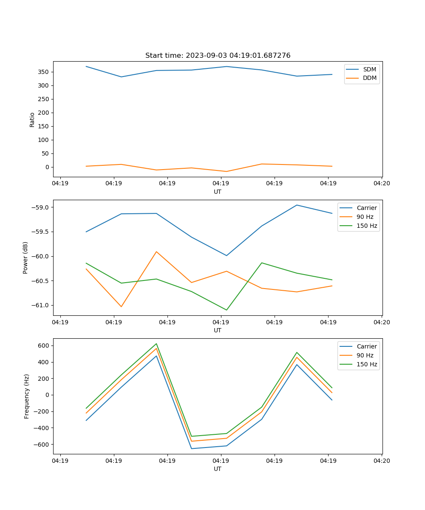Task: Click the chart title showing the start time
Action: [x=218, y=56]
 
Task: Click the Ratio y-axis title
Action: [x=32, y=119]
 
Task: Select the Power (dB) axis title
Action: [x=25, y=258]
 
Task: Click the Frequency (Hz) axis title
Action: [x=27, y=396]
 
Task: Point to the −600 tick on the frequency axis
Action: [x=42, y=445]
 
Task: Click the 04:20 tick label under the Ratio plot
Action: [x=382, y=184]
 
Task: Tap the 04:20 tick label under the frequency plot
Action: [x=382, y=461]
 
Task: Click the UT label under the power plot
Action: [x=218, y=330]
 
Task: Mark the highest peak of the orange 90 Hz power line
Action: [x=156, y=252]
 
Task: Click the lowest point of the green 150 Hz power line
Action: [x=227, y=310]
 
